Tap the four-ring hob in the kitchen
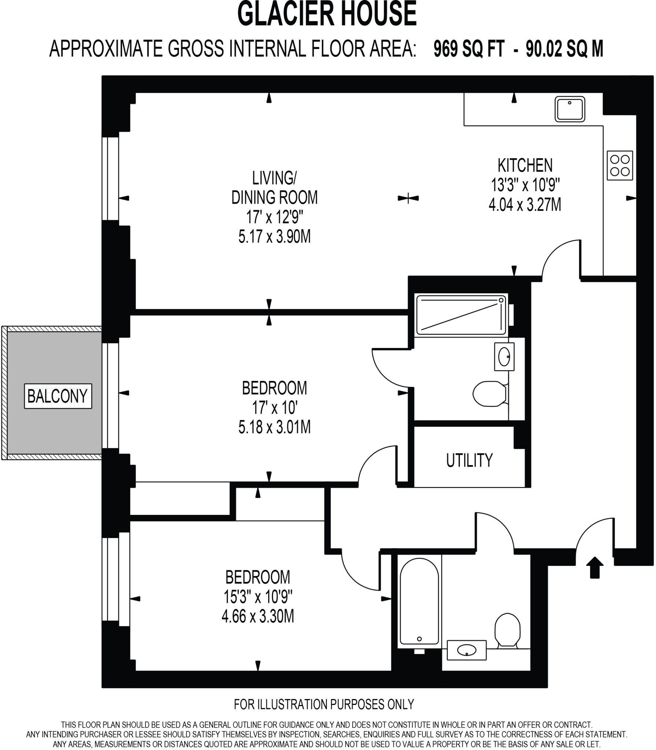(620, 166)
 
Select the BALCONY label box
(58, 396)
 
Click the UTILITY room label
(469, 460)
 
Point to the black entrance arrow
(594, 567)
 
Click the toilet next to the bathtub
(508, 630)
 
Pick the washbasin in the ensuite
(504, 357)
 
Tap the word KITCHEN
(525, 166)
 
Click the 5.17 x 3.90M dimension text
(274, 237)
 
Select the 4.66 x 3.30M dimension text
(258, 617)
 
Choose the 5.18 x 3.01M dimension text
(274, 427)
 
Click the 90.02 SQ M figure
(564, 49)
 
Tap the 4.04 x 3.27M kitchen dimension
(525, 205)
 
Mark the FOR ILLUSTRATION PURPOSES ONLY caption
(324, 704)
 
